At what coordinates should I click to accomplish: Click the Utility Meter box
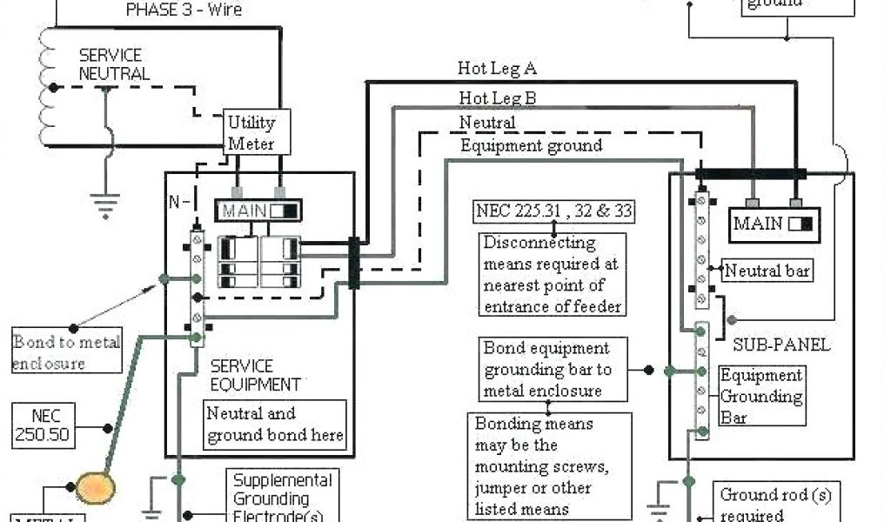tap(251, 133)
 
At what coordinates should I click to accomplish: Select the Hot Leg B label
tap(498, 97)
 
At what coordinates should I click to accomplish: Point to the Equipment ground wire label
tap(531, 145)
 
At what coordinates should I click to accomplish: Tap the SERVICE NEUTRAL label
tap(113, 64)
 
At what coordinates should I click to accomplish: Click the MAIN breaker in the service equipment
tap(258, 211)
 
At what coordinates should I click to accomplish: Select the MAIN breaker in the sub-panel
tap(772, 224)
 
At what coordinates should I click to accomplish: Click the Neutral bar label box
tap(767, 271)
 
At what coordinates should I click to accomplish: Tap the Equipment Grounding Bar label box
tap(760, 397)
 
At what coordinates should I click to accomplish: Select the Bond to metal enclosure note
tap(65, 351)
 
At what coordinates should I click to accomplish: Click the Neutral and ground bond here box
tap(275, 424)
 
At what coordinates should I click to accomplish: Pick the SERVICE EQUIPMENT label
tap(255, 375)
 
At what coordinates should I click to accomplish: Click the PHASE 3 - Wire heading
tap(184, 10)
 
